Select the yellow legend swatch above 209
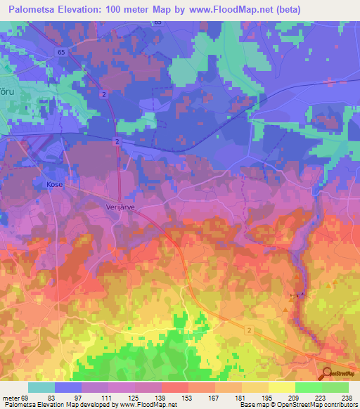pyautogui.click(x=282, y=387)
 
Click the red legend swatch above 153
pyautogui.click(x=174, y=387)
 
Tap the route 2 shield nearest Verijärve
pyautogui.click(x=116, y=141)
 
